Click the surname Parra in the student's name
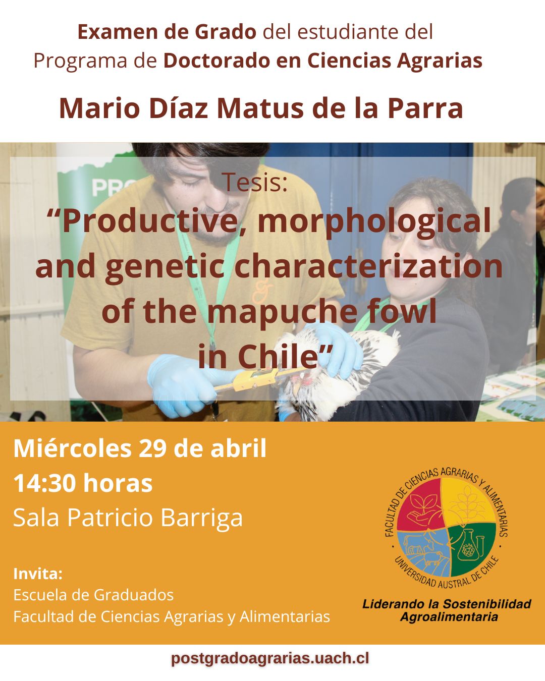[x=425, y=108]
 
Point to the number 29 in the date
[x=152, y=448]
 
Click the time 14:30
[x=44, y=483]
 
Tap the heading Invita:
[x=38, y=574]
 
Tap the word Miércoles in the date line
[x=72, y=448]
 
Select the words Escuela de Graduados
[x=93, y=595]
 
